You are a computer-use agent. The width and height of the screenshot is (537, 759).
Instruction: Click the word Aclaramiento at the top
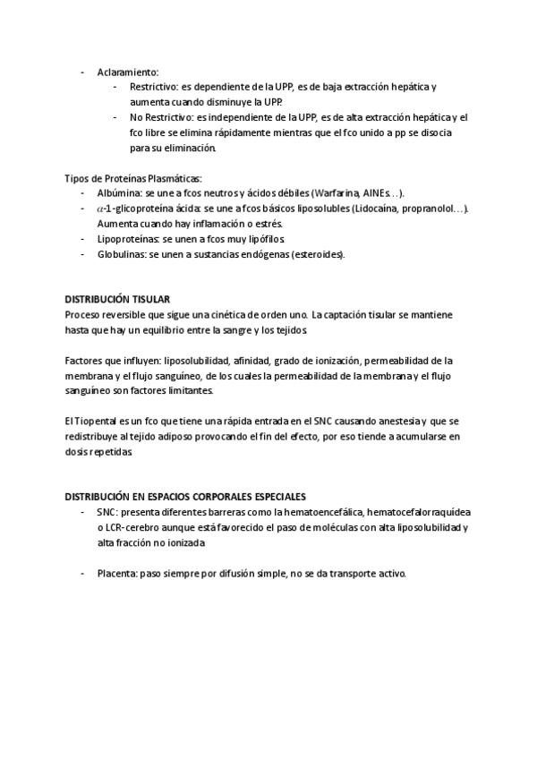pyautogui.click(x=127, y=71)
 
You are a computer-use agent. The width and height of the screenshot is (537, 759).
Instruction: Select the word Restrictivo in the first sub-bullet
pyautogui.click(x=153, y=87)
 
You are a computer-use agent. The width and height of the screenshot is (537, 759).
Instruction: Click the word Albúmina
pyautogui.click(x=119, y=192)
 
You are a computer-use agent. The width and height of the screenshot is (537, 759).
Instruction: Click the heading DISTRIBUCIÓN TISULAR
pyautogui.click(x=117, y=299)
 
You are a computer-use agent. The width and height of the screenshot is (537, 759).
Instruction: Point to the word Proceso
pyautogui.click(x=84, y=314)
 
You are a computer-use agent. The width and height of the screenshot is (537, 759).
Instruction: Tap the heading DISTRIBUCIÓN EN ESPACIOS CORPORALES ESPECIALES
pyautogui.click(x=185, y=496)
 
